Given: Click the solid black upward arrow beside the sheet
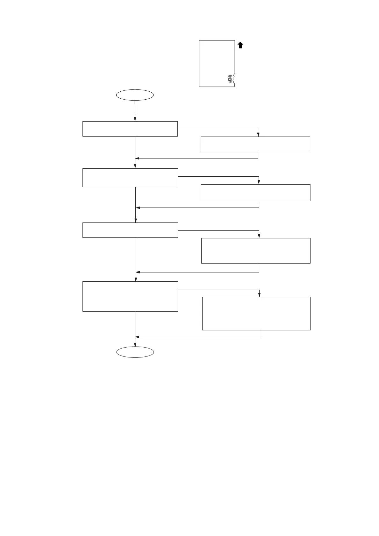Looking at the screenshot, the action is pos(240,45).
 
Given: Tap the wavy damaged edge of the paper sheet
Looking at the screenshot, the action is pos(234,80).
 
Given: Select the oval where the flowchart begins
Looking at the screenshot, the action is pos(135,95).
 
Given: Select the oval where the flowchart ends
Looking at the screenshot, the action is pos(135,352).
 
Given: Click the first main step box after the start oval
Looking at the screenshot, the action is pos(130,129).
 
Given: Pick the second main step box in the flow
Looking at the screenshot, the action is pos(130,178).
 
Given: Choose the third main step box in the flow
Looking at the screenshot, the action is pos(130,230).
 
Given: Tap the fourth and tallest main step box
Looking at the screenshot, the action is pos(130,296).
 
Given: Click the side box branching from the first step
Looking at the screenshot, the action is pos(255,144).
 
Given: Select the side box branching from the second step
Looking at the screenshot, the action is pos(255,193).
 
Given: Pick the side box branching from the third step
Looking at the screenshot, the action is pos(256,250).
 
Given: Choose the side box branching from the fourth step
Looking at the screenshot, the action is pos(256,314).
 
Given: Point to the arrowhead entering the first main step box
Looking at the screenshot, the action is pos(135,119).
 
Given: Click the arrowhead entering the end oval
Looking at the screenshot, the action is pos(135,344).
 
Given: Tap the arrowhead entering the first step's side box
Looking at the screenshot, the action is pos(258,135).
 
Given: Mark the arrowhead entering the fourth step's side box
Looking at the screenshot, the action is pos(260,295).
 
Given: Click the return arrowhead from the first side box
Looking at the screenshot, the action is pos(137,159).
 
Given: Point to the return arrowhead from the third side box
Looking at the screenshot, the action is pos(138,272).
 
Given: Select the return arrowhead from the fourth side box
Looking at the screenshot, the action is pos(137,337).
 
